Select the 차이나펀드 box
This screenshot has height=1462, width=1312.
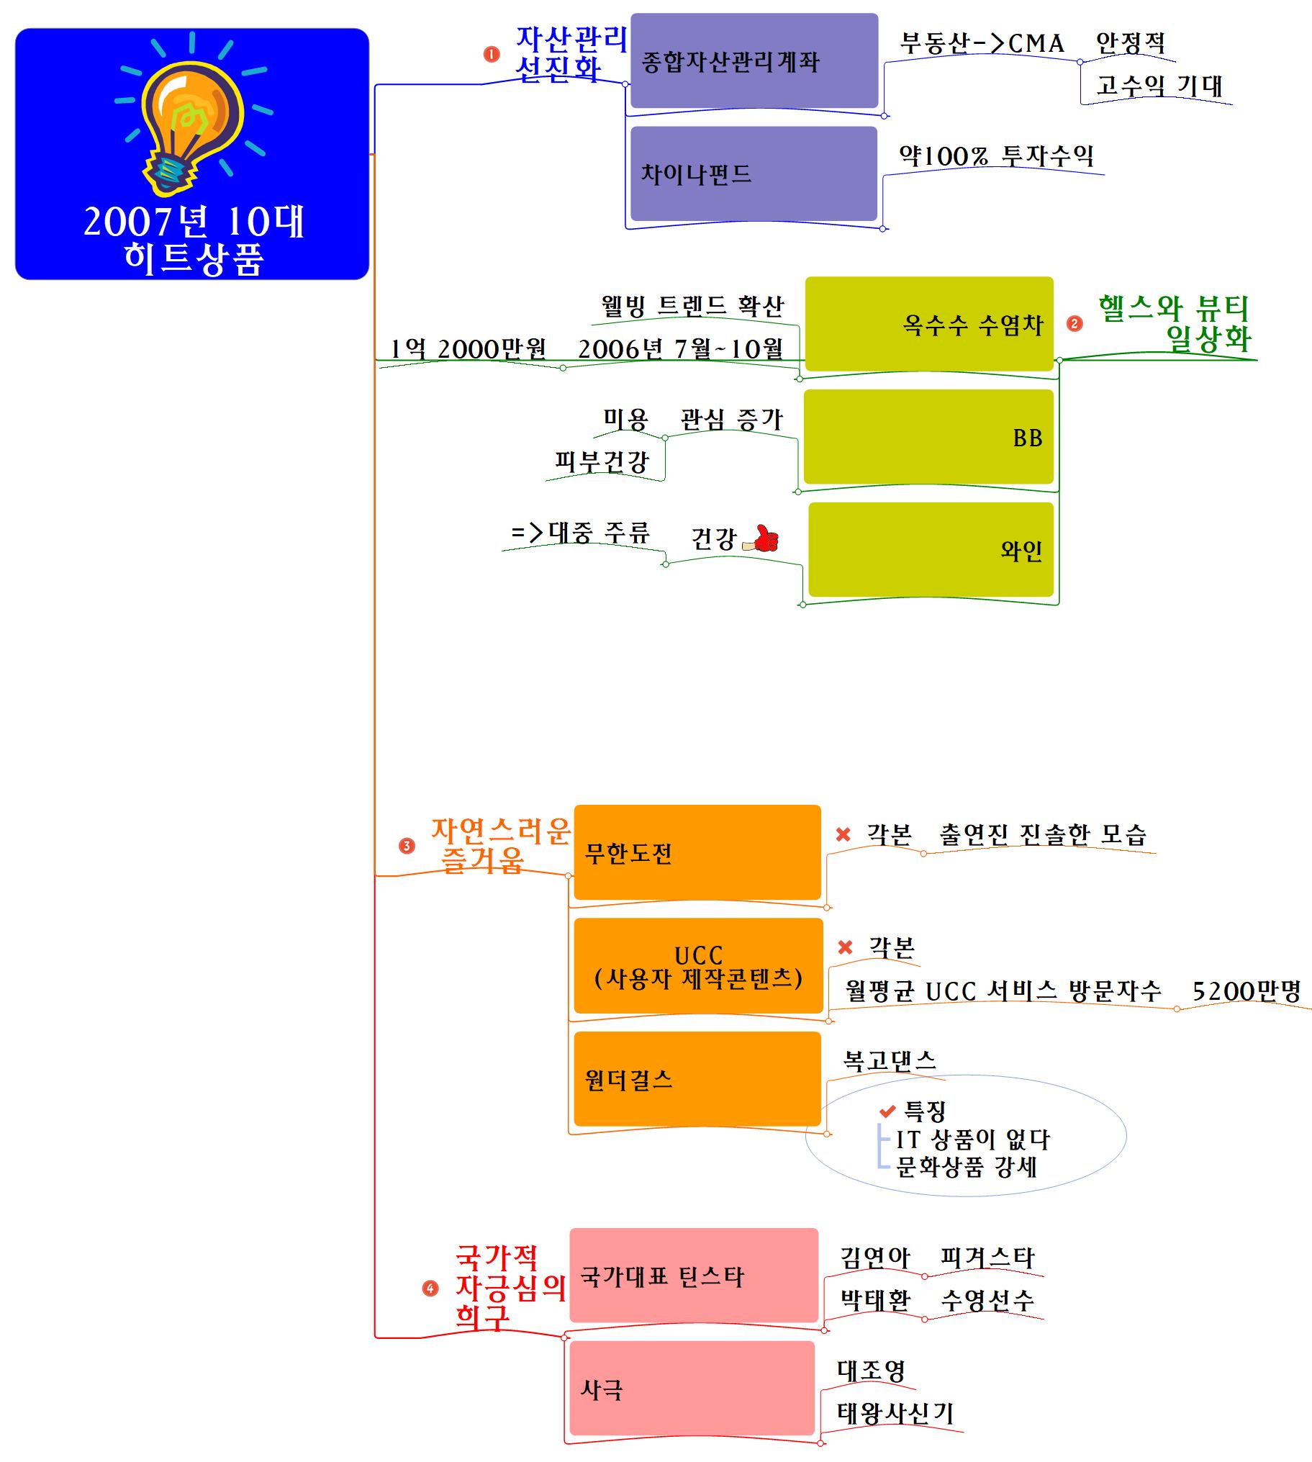click(x=754, y=173)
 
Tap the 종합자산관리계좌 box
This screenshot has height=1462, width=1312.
click(x=754, y=61)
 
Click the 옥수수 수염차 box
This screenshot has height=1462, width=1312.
click(x=928, y=324)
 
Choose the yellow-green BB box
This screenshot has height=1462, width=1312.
click(x=928, y=437)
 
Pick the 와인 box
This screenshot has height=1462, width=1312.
click(x=930, y=550)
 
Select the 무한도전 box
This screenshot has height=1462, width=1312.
click(x=697, y=853)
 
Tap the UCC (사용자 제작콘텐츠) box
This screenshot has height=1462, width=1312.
click(x=698, y=966)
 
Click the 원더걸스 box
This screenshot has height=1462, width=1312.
click(x=697, y=1079)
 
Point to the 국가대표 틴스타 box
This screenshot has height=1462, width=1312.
click(x=694, y=1276)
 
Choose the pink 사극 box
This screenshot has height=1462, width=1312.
click(x=692, y=1389)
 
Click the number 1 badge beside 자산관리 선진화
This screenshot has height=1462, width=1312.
click(x=492, y=54)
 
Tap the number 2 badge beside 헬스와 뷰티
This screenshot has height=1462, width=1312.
click(x=1074, y=324)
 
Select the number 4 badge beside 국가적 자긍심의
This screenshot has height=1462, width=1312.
click(x=430, y=1289)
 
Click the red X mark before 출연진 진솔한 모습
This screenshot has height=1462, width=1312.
click(x=843, y=834)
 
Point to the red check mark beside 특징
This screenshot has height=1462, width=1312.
click(x=887, y=1111)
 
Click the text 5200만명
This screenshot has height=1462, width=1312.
click(x=1247, y=991)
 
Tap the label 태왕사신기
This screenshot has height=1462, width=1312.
click(x=895, y=1413)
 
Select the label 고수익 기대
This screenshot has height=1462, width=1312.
click(x=1159, y=86)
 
